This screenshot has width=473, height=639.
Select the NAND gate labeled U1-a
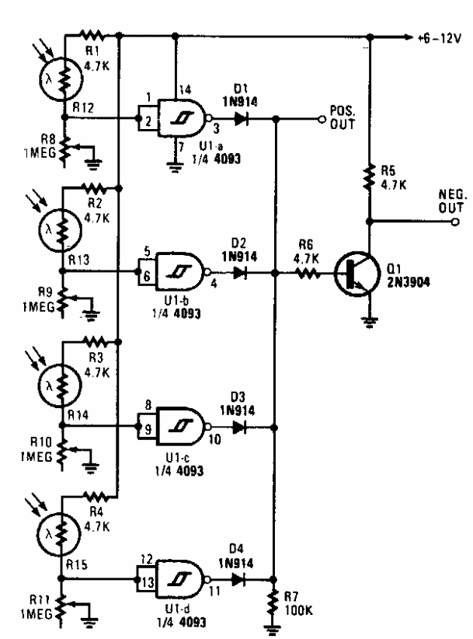click(181, 120)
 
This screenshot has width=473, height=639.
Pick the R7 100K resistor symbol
click(273, 602)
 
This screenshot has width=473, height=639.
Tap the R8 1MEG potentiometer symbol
click(64, 148)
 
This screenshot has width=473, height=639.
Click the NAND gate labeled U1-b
click(181, 273)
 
